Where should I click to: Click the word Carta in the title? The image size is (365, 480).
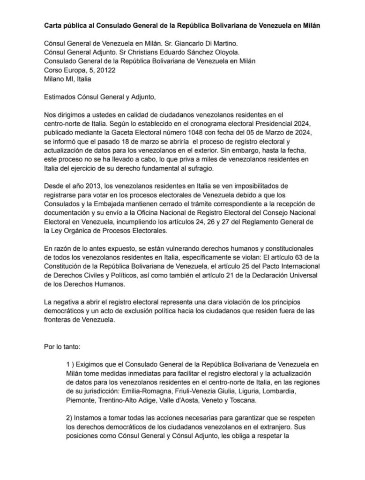click(x=54, y=25)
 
